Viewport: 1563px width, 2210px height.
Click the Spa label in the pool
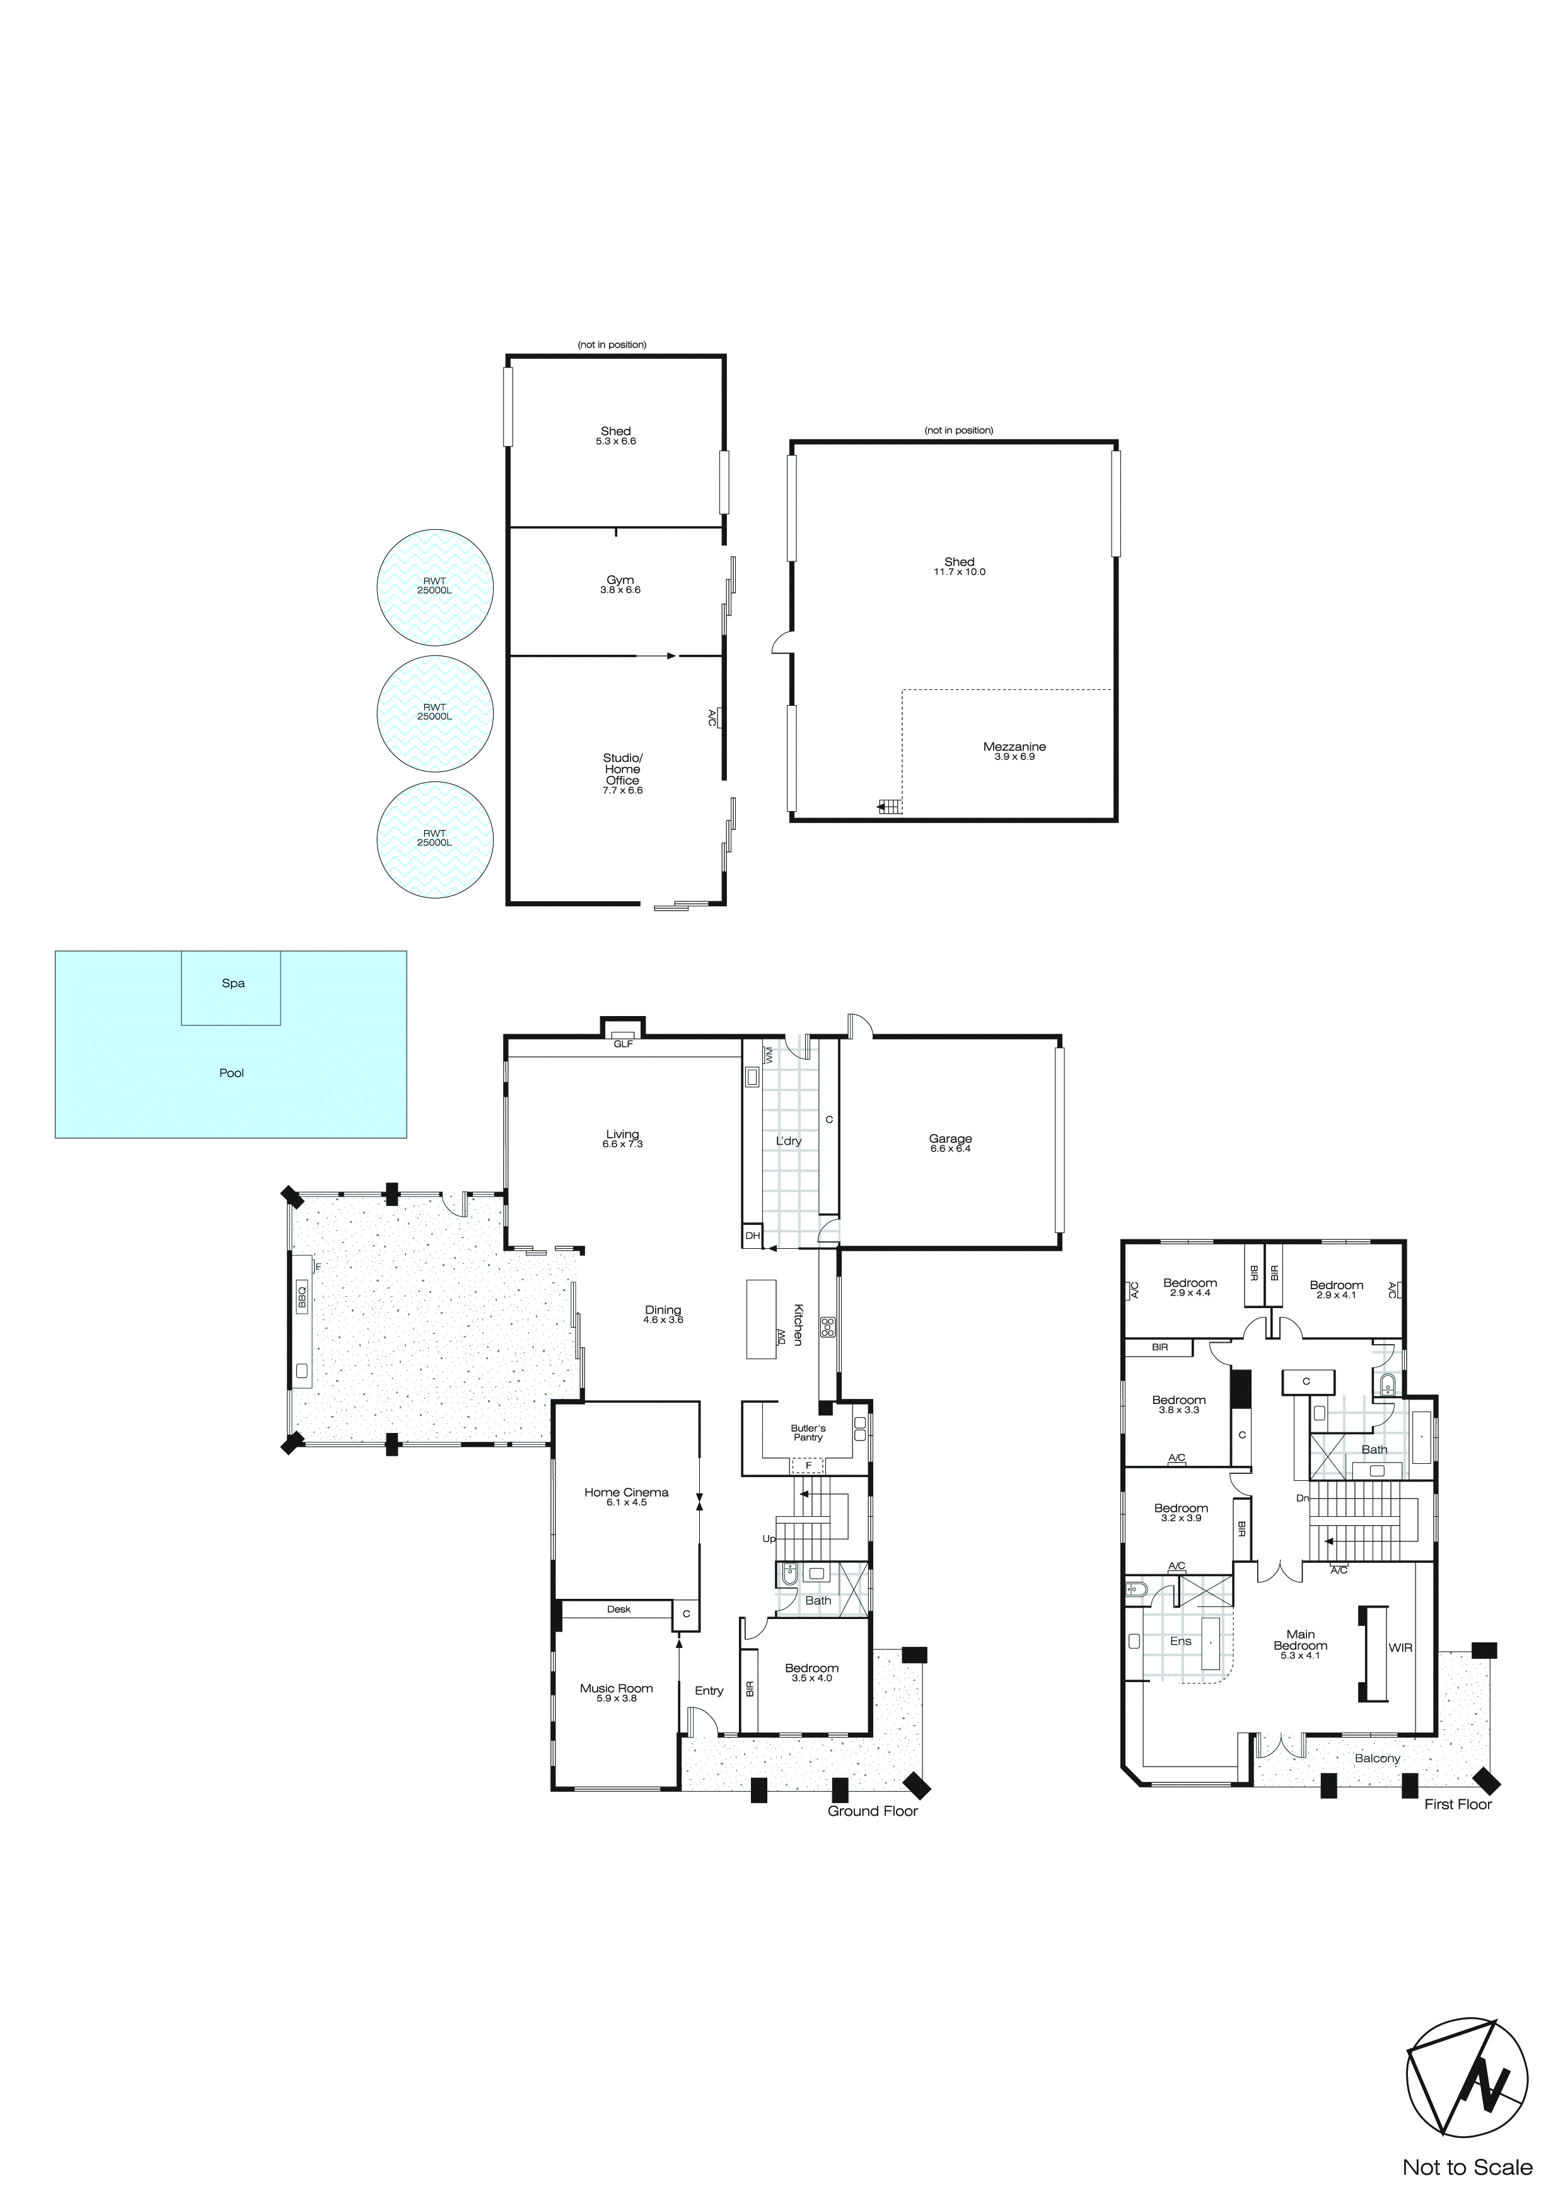pyautogui.click(x=233, y=983)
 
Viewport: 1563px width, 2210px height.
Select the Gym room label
pyautogui.click(x=620, y=580)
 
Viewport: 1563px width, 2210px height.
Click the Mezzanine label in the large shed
pyautogui.click(x=1014, y=747)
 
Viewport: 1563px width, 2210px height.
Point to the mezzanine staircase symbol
pyautogui.click(x=890, y=807)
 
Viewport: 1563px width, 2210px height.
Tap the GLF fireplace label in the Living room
pyautogui.click(x=624, y=1043)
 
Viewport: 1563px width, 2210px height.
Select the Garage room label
pyautogui.click(x=950, y=1138)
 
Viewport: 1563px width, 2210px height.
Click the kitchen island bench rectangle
pyautogui.click(x=761, y=1319)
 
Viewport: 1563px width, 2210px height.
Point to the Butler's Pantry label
pyautogui.click(x=808, y=1432)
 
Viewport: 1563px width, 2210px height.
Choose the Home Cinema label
pyautogui.click(x=627, y=1492)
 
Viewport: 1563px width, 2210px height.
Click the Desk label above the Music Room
pyautogui.click(x=619, y=1608)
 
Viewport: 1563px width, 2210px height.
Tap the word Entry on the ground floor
pyautogui.click(x=709, y=1690)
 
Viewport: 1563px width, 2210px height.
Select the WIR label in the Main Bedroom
pyautogui.click(x=1400, y=1648)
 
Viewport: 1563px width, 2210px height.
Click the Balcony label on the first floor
pyautogui.click(x=1377, y=1758)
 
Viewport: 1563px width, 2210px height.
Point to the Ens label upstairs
pyautogui.click(x=1181, y=1641)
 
